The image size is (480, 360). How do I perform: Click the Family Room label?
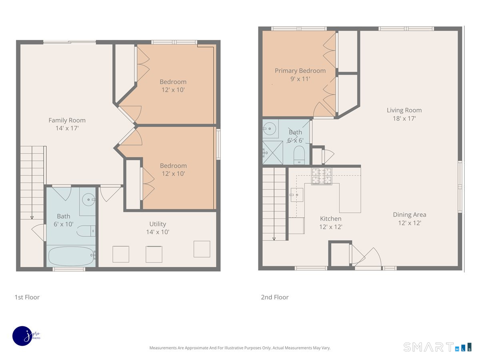(x=67, y=120)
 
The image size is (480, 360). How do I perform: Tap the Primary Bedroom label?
(x=300, y=71)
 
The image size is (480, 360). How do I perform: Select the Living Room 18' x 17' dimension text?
(x=404, y=118)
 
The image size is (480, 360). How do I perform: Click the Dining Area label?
(x=409, y=215)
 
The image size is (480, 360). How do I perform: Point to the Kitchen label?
(x=330, y=218)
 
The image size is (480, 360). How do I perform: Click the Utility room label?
(x=158, y=224)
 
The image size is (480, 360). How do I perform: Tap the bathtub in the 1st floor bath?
(x=72, y=256)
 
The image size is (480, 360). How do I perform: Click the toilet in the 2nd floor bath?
(x=299, y=155)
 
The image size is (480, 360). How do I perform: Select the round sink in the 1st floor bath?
(x=88, y=200)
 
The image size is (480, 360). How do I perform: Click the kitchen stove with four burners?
(x=322, y=176)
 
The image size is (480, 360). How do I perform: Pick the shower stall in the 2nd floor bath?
(x=272, y=152)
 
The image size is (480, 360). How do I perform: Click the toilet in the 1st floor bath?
(x=86, y=231)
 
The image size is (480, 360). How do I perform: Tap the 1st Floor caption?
(x=27, y=297)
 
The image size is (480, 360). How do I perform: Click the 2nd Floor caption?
(x=275, y=297)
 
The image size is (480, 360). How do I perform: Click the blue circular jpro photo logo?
(x=22, y=336)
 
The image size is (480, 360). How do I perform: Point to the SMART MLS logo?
(x=437, y=347)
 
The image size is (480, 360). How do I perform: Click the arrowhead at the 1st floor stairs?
(x=32, y=218)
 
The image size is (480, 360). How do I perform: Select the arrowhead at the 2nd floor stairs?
(x=274, y=239)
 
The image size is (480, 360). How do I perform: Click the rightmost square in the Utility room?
(x=202, y=249)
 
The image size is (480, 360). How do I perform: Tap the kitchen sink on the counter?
(x=296, y=195)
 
